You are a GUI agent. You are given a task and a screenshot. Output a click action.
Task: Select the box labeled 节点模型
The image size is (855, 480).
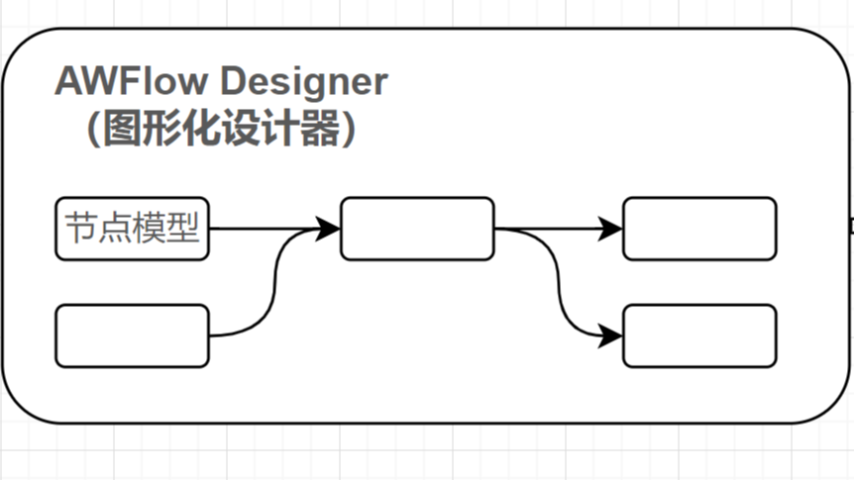[132, 229]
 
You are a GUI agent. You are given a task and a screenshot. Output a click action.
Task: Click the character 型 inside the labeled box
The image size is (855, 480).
[184, 229]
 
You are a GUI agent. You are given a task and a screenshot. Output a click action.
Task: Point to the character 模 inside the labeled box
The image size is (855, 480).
[150, 229]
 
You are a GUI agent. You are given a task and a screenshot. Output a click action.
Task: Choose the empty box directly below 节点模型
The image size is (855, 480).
[132, 336]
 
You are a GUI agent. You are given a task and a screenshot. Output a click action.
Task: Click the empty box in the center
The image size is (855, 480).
[417, 229]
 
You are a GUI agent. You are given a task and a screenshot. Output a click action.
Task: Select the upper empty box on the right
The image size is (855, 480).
[699, 229]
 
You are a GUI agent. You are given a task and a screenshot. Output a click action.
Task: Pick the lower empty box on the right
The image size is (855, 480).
[699, 336]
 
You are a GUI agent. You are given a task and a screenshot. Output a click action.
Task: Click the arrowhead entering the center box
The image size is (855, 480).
[329, 229]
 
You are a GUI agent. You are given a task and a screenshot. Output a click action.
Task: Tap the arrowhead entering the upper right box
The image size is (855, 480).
[611, 229]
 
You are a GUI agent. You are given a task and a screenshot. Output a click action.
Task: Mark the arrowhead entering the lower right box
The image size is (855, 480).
[611, 336]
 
